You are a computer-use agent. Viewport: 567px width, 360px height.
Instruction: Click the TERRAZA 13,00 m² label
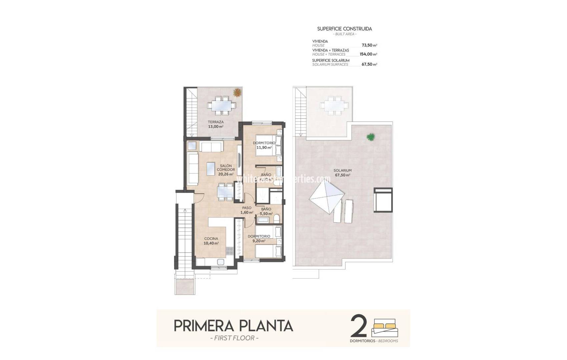216,124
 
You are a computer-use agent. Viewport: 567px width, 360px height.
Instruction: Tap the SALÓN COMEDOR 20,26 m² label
226,170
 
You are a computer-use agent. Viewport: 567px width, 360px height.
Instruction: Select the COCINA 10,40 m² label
211,241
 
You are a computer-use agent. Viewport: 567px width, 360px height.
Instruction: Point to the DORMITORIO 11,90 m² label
264,145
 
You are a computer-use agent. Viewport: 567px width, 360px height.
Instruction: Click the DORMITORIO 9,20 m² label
259,239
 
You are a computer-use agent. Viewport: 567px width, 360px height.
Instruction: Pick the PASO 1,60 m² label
247,210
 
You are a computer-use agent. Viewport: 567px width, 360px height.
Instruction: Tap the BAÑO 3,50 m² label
266,212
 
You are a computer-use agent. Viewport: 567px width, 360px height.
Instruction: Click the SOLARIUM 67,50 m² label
343,173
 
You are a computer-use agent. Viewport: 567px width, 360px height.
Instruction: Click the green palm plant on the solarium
370,136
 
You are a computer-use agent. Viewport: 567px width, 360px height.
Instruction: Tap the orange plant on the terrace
237,92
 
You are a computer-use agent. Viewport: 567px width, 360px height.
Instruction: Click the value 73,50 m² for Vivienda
369,45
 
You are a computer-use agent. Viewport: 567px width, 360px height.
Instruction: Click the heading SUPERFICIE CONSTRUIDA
345,29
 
